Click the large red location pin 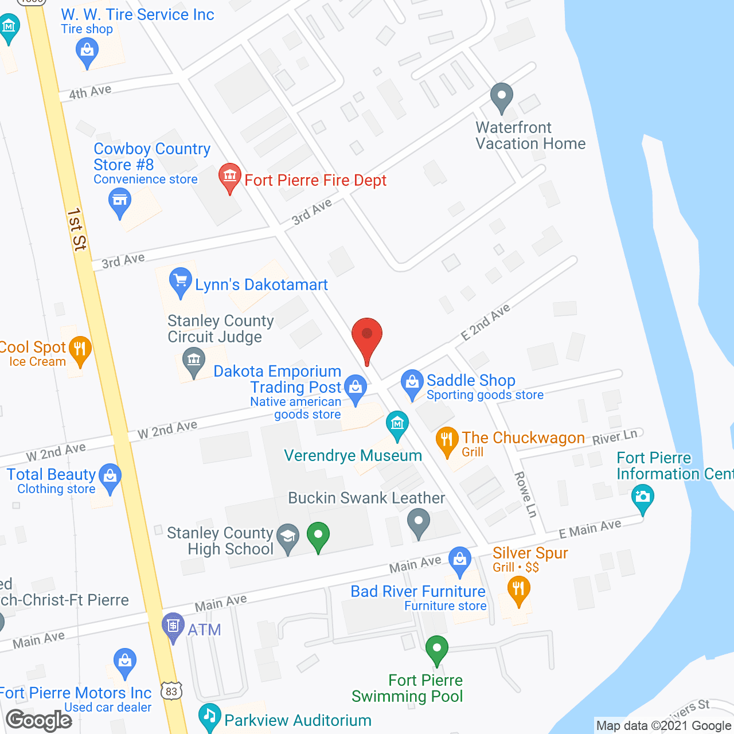(366, 335)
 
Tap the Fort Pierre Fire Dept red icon (230, 176)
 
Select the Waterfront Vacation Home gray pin (502, 96)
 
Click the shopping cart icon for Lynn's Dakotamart (180, 280)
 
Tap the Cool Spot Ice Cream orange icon (80, 349)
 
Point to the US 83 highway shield (171, 691)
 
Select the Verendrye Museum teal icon (397, 424)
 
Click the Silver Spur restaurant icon (518, 588)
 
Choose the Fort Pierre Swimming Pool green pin (437, 649)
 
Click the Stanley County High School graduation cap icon (288, 536)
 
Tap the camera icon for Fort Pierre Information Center (642, 497)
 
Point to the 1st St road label (76, 229)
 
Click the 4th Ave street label (90, 91)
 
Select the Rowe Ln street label (525, 494)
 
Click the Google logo (39, 720)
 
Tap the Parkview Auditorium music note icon (209, 716)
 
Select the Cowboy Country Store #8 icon (119, 201)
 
